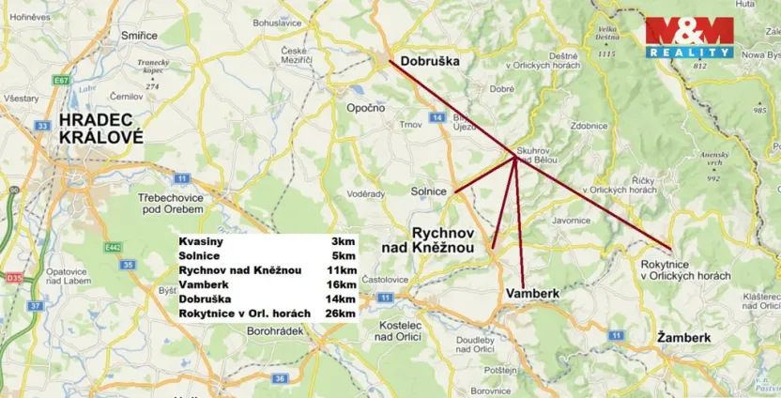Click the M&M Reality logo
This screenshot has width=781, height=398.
(x=688, y=38)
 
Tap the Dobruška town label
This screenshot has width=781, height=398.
(x=429, y=61)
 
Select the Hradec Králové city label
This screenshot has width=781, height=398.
(x=100, y=128)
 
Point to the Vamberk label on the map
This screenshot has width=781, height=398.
(x=532, y=294)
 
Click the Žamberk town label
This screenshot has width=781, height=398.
(x=683, y=336)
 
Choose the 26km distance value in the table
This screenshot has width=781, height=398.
(x=343, y=313)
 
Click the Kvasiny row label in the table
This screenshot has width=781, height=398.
(x=201, y=241)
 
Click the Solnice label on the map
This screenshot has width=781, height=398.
(x=428, y=191)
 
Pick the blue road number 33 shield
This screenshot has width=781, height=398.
(x=42, y=125)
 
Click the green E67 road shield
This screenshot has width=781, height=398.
(x=62, y=81)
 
